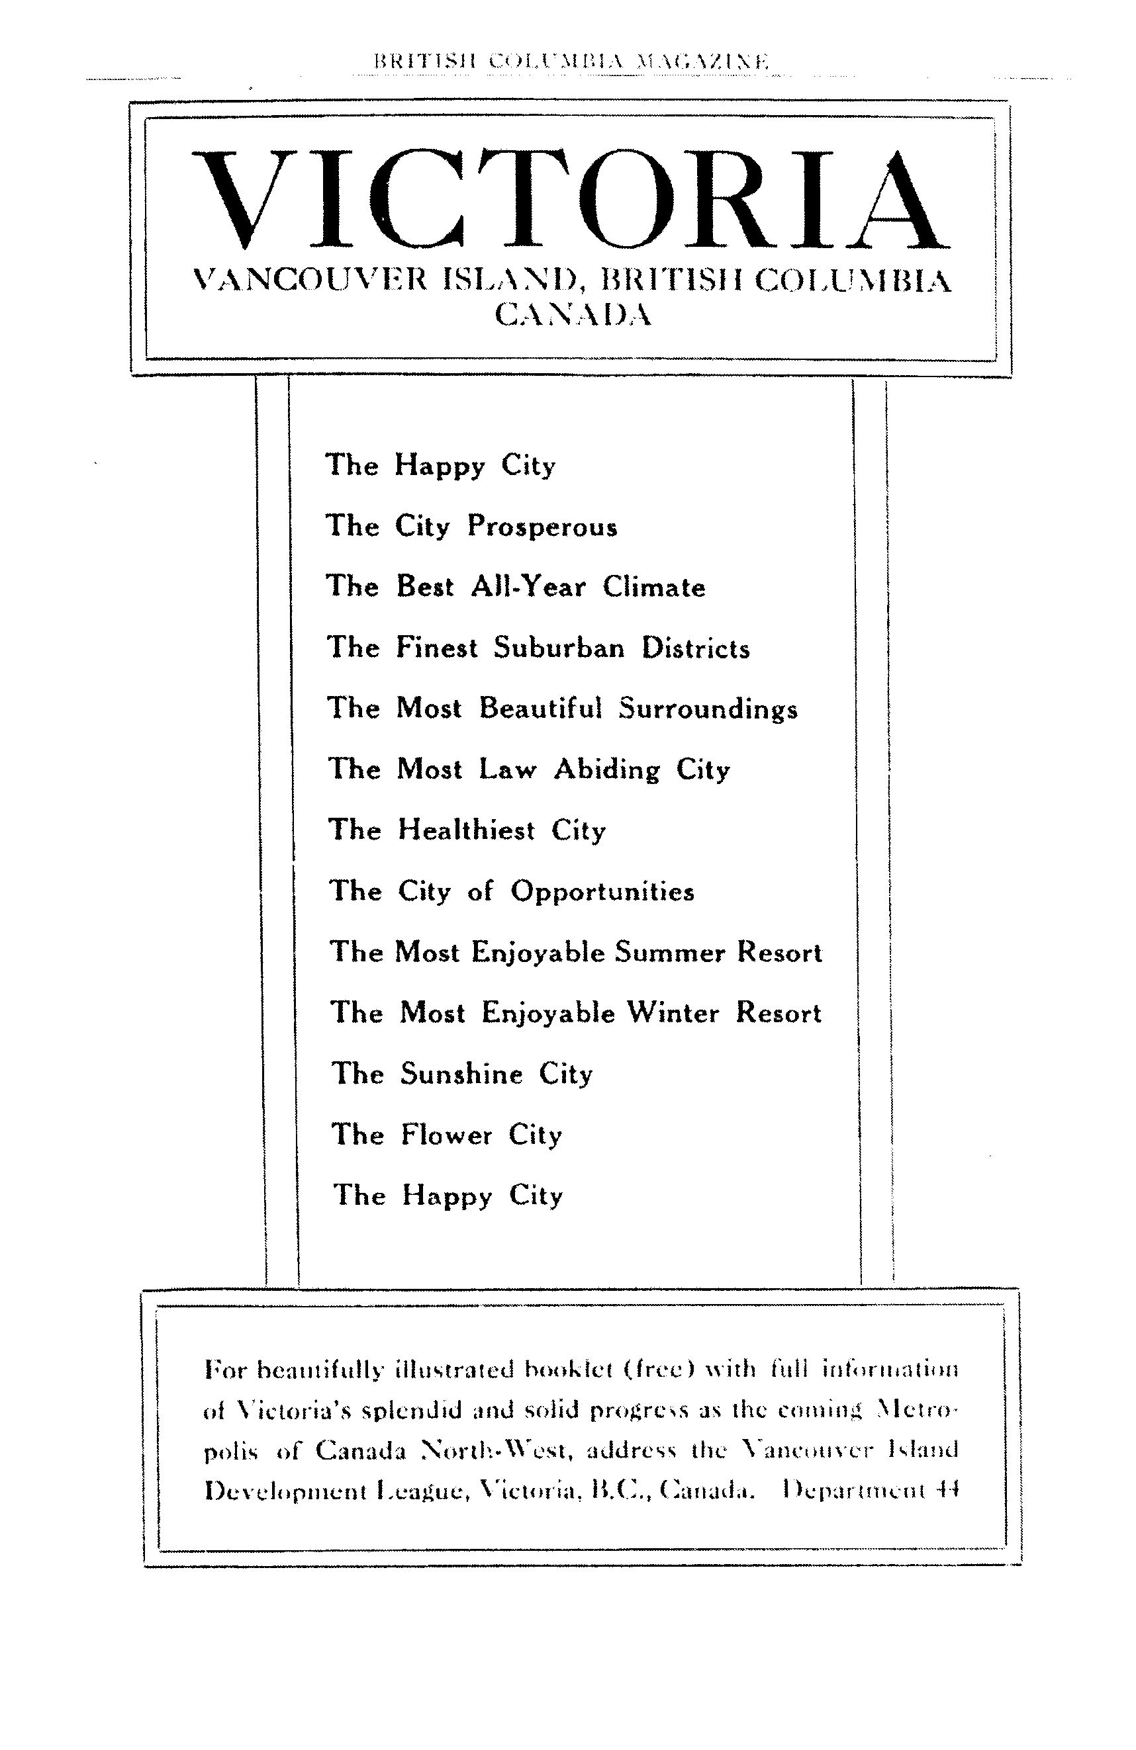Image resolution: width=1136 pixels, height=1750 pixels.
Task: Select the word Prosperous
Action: coord(542,527)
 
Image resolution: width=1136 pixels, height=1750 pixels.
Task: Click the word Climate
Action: coord(654,588)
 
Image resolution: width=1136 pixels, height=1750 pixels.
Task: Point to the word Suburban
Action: coord(559,648)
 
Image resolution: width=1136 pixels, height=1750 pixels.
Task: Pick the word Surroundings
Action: coord(708,709)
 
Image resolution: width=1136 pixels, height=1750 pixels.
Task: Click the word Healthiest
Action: coord(467,831)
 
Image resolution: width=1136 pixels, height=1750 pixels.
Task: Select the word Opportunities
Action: coord(602,892)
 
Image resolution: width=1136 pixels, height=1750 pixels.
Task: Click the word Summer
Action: coord(669,953)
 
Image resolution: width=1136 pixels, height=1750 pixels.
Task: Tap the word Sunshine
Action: coord(461,1074)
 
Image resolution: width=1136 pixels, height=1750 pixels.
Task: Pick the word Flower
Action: coord(447,1135)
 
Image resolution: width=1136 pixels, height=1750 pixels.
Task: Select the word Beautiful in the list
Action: coord(540,709)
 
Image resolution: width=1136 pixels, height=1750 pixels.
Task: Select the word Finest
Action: coord(437,648)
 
